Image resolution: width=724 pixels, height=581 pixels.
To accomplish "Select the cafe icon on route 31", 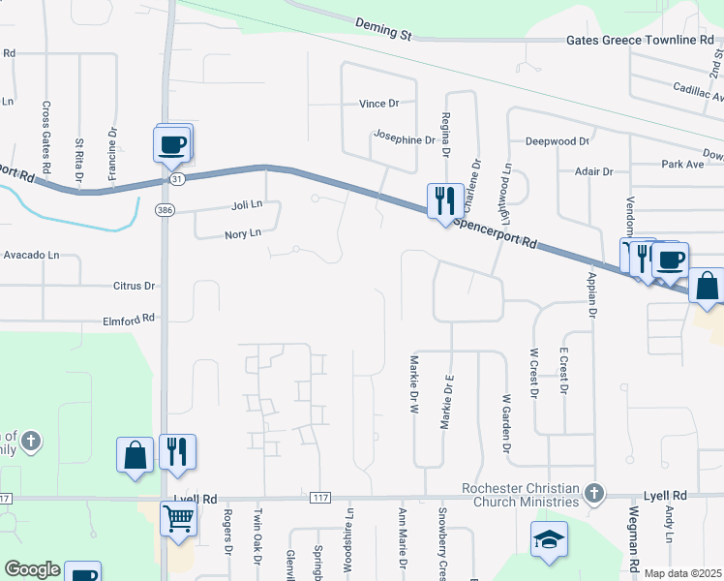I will pyautogui.click(x=171, y=144).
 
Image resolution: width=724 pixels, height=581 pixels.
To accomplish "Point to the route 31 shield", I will pyautogui.click(x=174, y=179).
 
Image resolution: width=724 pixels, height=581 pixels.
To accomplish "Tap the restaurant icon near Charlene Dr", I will pyautogui.click(x=444, y=201).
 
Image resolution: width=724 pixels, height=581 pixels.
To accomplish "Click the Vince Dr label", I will pyautogui.click(x=378, y=104).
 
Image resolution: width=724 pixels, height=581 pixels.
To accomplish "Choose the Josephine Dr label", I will pyautogui.click(x=405, y=139).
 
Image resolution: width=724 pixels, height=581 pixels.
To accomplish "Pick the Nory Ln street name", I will pyautogui.click(x=243, y=233).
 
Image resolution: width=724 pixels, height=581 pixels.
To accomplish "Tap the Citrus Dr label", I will pyautogui.click(x=134, y=286).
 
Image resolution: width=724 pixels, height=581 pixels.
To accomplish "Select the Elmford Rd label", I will pyautogui.click(x=130, y=320).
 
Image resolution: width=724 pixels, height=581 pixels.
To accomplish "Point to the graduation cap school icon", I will pyautogui.click(x=549, y=538).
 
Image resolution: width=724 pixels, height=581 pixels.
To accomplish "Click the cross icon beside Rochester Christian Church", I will pyautogui.click(x=594, y=495).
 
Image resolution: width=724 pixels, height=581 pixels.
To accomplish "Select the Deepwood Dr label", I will pyautogui.click(x=557, y=140).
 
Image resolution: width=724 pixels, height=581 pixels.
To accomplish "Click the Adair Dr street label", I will pyautogui.click(x=593, y=171).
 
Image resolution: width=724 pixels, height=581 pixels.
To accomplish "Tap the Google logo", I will pyautogui.click(x=32, y=569).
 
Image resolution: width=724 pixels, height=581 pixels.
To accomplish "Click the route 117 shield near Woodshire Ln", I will pyautogui.click(x=320, y=498).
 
